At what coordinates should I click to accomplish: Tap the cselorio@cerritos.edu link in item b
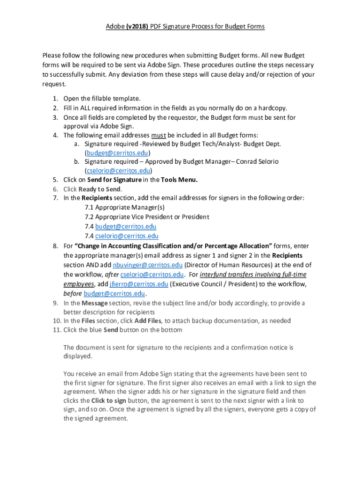tap(119, 171)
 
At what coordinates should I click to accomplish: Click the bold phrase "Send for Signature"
tap(115, 180)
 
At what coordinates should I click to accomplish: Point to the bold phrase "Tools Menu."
tap(180, 180)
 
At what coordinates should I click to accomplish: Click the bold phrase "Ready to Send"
tap(100, 189)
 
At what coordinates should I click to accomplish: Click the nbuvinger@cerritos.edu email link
tap(147, 265)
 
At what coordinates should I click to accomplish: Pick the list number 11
tap(55, 330)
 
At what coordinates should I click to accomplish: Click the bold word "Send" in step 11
tap(111, 330)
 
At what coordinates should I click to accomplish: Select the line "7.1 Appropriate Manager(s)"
tap(124, 207)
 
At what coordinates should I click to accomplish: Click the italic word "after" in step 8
tap(111, 275)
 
